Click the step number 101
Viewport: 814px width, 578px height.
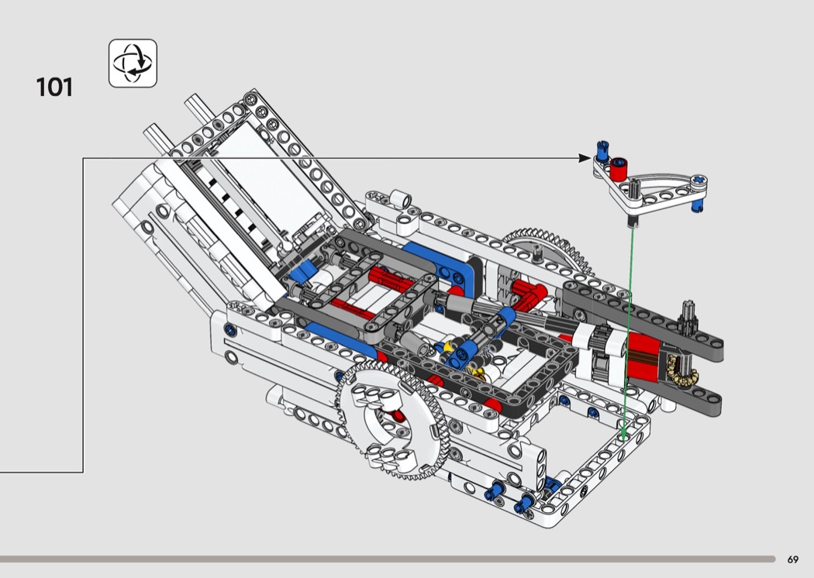54,88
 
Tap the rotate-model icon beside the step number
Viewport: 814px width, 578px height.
133,64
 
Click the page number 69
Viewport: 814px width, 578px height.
793,559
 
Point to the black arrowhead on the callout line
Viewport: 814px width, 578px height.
585,158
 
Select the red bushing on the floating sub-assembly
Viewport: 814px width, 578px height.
619,169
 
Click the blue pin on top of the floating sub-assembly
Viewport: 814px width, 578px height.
602,151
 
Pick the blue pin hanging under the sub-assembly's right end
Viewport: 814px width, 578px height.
697,205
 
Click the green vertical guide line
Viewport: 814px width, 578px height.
628,332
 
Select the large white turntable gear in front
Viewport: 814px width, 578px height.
392,421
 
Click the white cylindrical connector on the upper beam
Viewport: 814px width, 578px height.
400,198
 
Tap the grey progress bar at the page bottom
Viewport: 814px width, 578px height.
388,559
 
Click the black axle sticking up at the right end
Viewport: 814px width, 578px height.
688,316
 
